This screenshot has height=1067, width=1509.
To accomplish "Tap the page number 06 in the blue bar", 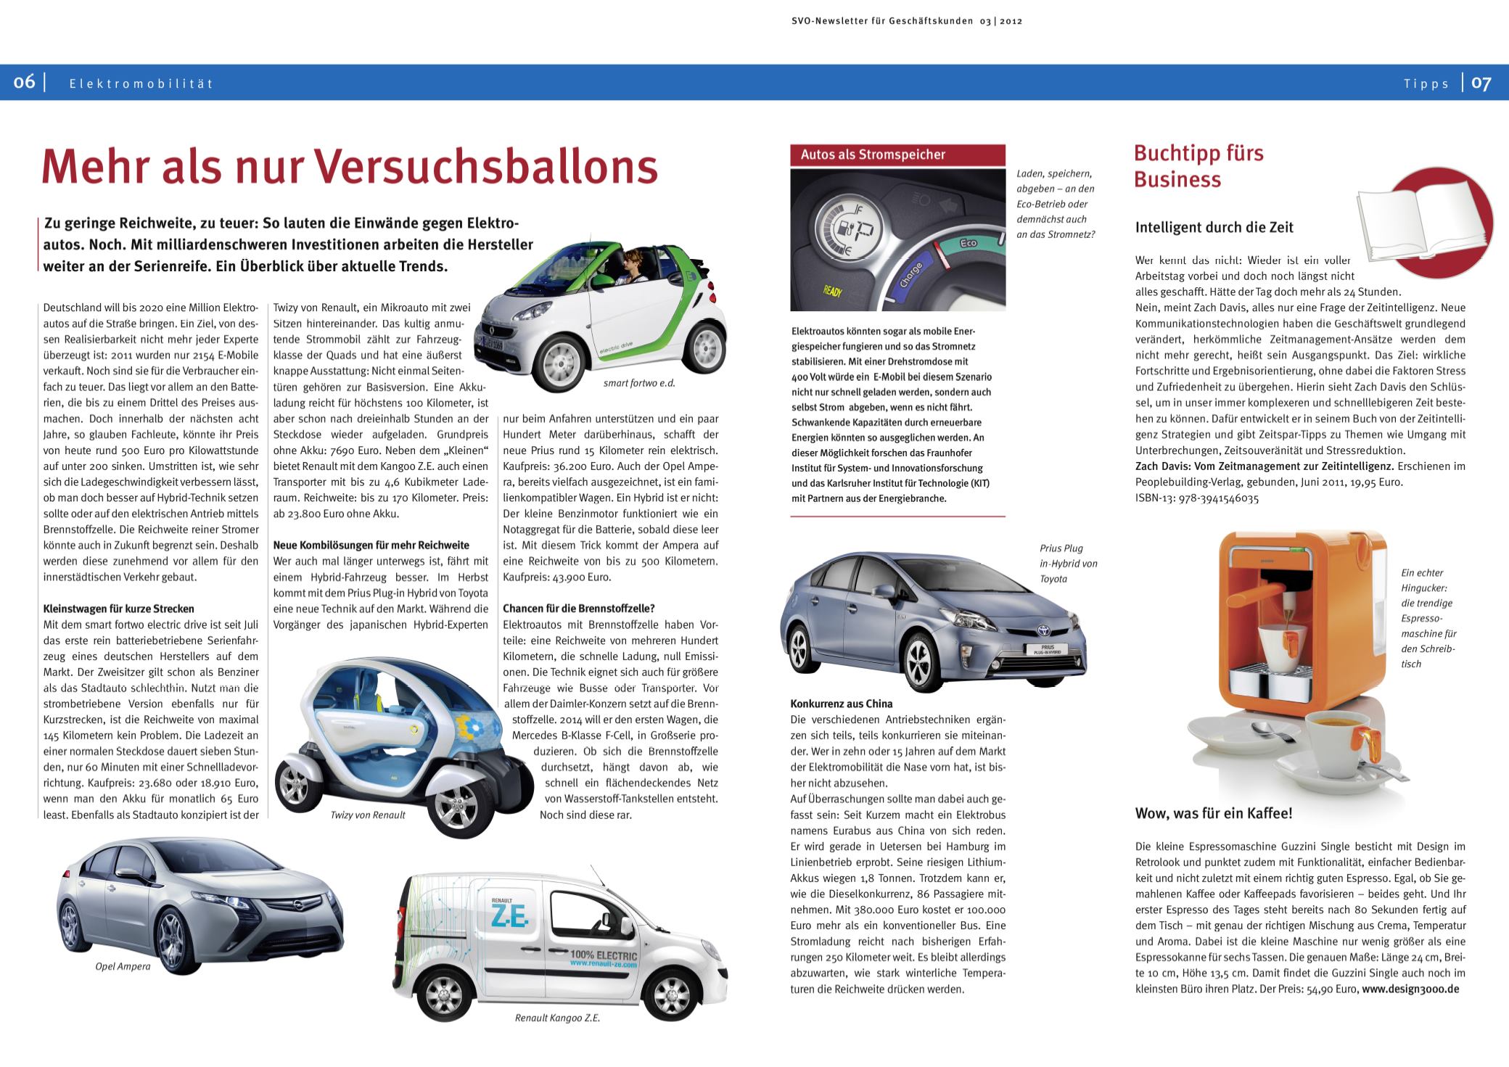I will pos(25,83).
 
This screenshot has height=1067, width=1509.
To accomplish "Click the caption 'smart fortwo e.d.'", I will pos(639,384).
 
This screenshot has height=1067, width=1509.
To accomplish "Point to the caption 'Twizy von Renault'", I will pos(368,815).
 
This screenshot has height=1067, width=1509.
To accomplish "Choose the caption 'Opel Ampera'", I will pos(123,966).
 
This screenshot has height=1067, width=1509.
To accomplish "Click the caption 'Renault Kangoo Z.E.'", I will pos(557,1018).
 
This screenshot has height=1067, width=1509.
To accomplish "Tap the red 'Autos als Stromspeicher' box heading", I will pos(873,155).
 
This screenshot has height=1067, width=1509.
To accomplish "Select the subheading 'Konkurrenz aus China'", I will pos(842,704).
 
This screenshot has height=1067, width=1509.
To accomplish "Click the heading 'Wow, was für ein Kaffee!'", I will pos(1214,813).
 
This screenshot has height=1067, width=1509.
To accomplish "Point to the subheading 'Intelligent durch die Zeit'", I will pos(1214,227).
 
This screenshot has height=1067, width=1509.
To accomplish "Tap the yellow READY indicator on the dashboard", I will pos(831,291).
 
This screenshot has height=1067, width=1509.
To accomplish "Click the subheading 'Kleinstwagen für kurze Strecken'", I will pos(118,609).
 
